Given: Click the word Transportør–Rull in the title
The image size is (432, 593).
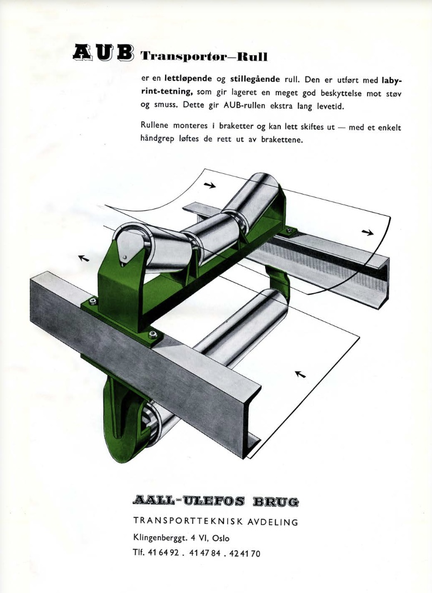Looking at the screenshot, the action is [x=204, y=57].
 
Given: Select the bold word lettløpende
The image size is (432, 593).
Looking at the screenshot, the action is [x=188, y=79].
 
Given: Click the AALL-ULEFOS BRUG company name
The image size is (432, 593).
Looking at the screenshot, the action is [x=216, y=502].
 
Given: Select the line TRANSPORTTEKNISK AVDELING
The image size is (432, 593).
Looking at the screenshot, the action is [x=216, y=522].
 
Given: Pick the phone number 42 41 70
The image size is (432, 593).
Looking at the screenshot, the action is [x=245, y=553].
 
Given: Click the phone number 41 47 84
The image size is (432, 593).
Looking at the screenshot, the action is [x=204, y=553].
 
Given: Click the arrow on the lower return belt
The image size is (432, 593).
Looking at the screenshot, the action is [x=300, y=374].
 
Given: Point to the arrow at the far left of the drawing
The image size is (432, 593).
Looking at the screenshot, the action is [x=84, y=258].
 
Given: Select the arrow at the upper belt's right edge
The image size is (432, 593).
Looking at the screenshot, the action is [x=367, y=232].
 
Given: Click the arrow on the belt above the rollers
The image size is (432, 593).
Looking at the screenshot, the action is [x=210, y=185].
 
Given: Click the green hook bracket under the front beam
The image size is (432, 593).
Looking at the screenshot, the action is [x=117, y=416].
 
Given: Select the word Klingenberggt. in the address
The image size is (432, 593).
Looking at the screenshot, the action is [x=160, y=538].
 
